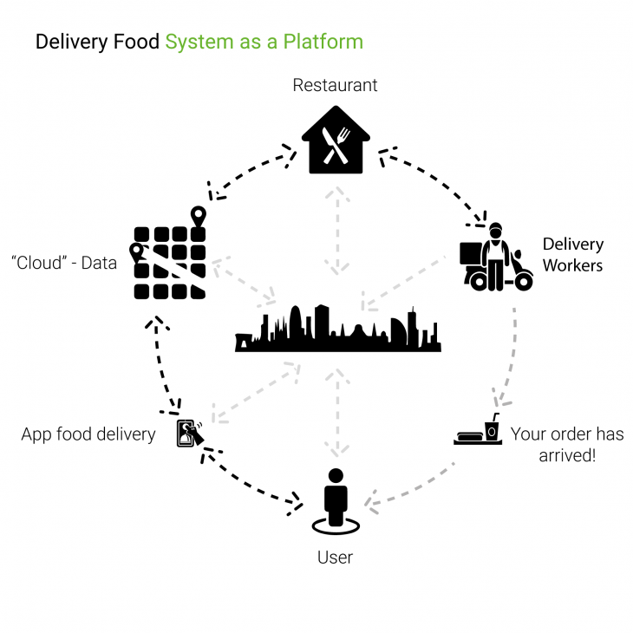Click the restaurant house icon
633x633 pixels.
[335, 140]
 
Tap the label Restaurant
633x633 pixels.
[335, 85]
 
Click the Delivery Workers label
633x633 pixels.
[573, 254]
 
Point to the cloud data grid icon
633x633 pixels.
[170, 258]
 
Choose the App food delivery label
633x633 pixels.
[88, 434]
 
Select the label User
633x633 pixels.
[335, 557]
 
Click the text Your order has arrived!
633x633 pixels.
[566, 444]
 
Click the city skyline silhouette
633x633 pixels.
[337, 330]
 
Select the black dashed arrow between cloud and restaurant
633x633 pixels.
[251, 173]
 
